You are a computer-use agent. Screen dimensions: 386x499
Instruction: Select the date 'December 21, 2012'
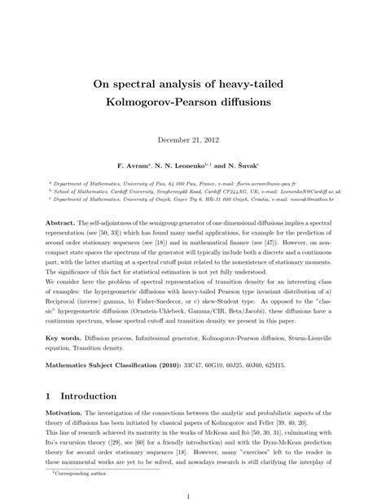click(192, 138)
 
